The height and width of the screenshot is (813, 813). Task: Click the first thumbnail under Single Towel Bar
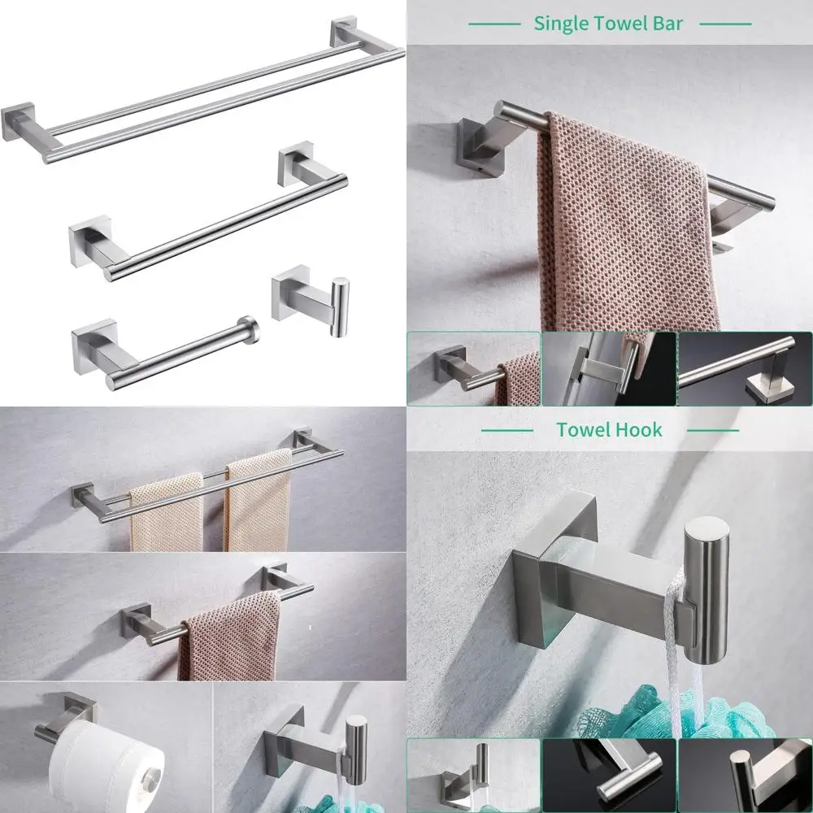473,368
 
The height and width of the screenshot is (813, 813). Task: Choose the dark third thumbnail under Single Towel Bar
745,368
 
